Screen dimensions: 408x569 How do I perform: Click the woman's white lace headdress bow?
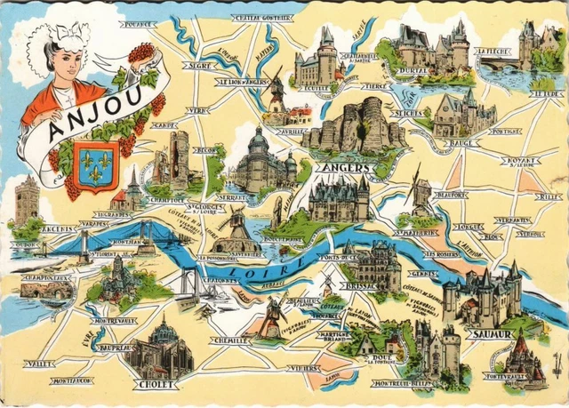click(x=67, y=36)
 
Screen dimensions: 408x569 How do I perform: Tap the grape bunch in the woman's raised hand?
click(x=140, y=53)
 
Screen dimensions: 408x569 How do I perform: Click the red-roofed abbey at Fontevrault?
click(x=520, y=356)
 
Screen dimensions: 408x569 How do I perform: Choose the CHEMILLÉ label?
click(x=231, y=340)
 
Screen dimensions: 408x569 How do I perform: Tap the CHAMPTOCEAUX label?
click(x=46, y=278)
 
